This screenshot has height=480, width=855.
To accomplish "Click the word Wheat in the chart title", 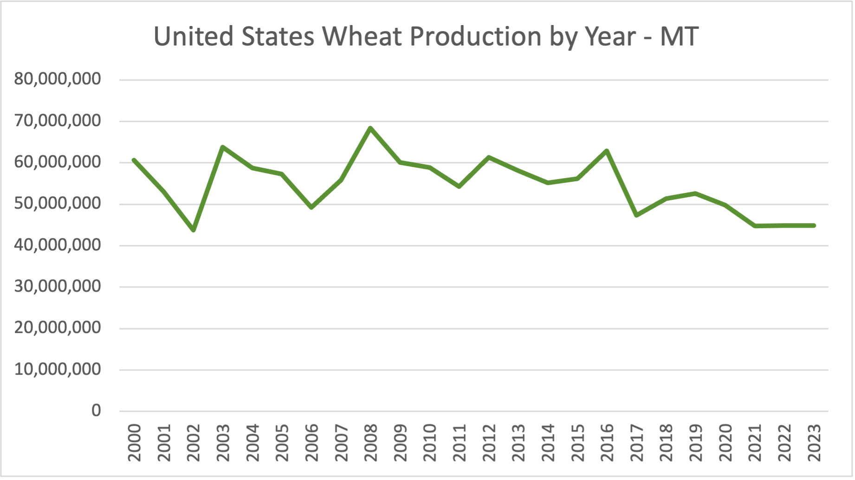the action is pyautogui.click(x=362, y=36).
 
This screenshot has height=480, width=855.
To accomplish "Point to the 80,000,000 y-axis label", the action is pyautogui.click(x=58, y=79).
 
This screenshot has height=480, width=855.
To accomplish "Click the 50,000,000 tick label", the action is pyautogui.click(x=58, y=203).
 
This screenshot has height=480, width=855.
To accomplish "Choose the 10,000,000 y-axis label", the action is pyautogui.click(x=58, y=369).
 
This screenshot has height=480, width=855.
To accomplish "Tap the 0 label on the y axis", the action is pyautogui.click(x=96, y=410).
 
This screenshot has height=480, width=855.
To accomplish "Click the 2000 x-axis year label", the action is pyautogui.click(x=134, y=443).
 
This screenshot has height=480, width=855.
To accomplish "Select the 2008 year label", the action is pyautogui.click(x=370, y=443).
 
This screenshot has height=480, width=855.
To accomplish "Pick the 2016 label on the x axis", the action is pyautogui.click(x=607, y=443).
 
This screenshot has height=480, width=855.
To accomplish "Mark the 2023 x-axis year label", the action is pyautogui.click(x=814, y=443).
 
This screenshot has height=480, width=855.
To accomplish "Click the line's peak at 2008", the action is pyautogui.click(x=370, y=128).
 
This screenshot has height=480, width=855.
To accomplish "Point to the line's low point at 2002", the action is pyautogui.click(x=193, y=230).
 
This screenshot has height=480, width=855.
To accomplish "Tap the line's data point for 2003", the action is pyautogui.click(x=223, y=147).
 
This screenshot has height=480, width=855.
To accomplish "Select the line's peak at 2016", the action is pyautogui.click(x=607, y=150).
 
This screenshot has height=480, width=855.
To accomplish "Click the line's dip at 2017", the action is pyautogui.click(x=636, y=215).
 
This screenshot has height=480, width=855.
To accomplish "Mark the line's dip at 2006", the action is pyautogui.click(x=311, y=207).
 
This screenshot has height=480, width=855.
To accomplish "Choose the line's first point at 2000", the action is pyautogui.click(x=134, y=160).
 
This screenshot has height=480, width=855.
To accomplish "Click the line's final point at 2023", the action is pyautogui.click(x=814, y=226).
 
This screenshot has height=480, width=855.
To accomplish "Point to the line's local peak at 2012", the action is pyautogui.click(x=489, y=157).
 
